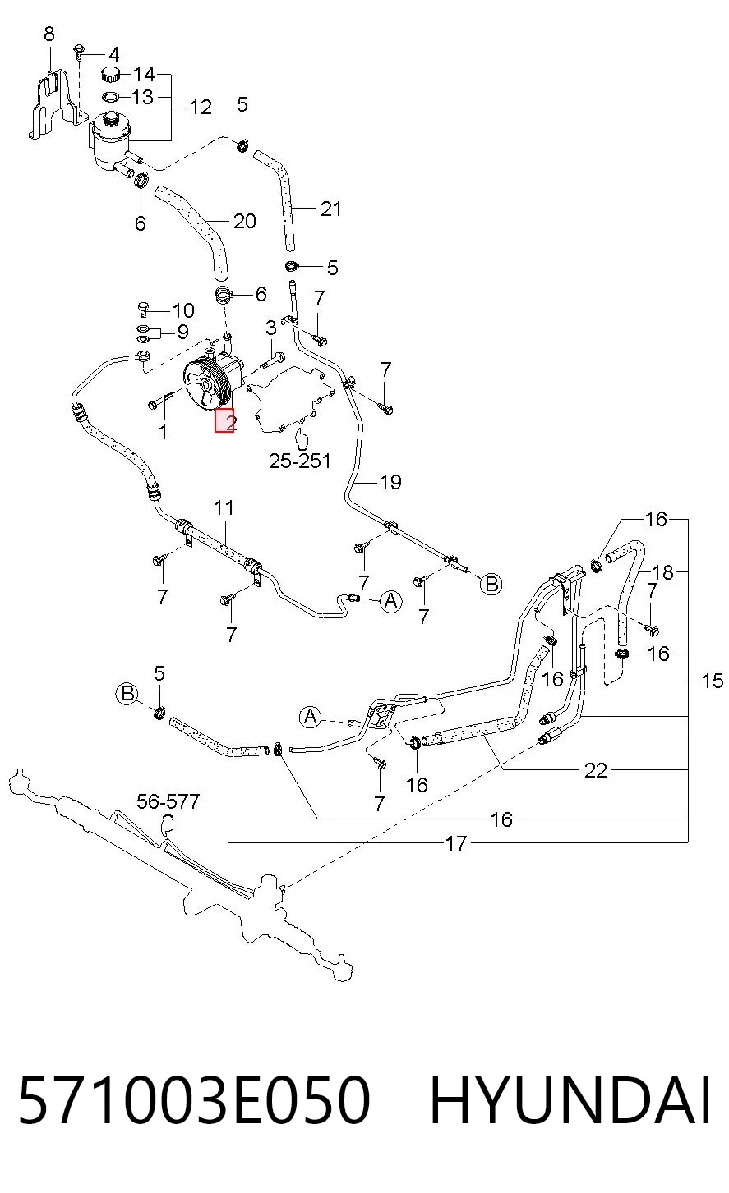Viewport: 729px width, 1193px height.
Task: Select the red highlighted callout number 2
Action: tap(224, 420)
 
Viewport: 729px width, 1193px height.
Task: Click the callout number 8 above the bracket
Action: tap(49, 34)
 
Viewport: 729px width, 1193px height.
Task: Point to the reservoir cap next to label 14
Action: tap(111, 74)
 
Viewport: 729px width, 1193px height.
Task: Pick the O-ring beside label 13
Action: tap(111, 97)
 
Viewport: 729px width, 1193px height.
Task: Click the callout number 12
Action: tap(201, 107)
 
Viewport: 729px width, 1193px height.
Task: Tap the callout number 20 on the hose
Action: tap(245, 221)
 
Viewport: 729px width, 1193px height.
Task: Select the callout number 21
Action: tap(330, 209)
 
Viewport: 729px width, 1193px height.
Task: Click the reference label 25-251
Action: tap(300, 461)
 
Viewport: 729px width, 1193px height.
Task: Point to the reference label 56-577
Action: tap(168, 801)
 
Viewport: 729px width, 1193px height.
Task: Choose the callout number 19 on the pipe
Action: tap(390, 482)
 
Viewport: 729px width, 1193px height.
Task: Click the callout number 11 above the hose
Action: tap(224, 507)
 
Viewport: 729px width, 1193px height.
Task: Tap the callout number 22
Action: tap(596, 771)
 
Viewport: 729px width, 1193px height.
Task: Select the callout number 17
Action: tap(456, 843)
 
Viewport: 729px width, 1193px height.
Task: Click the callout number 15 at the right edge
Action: tap(713, 681)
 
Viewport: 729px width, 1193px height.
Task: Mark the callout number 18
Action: tap(663, 572)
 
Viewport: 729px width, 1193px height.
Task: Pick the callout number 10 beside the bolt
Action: tap(183, 310)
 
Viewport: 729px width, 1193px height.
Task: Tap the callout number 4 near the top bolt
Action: tap(113, 54)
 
